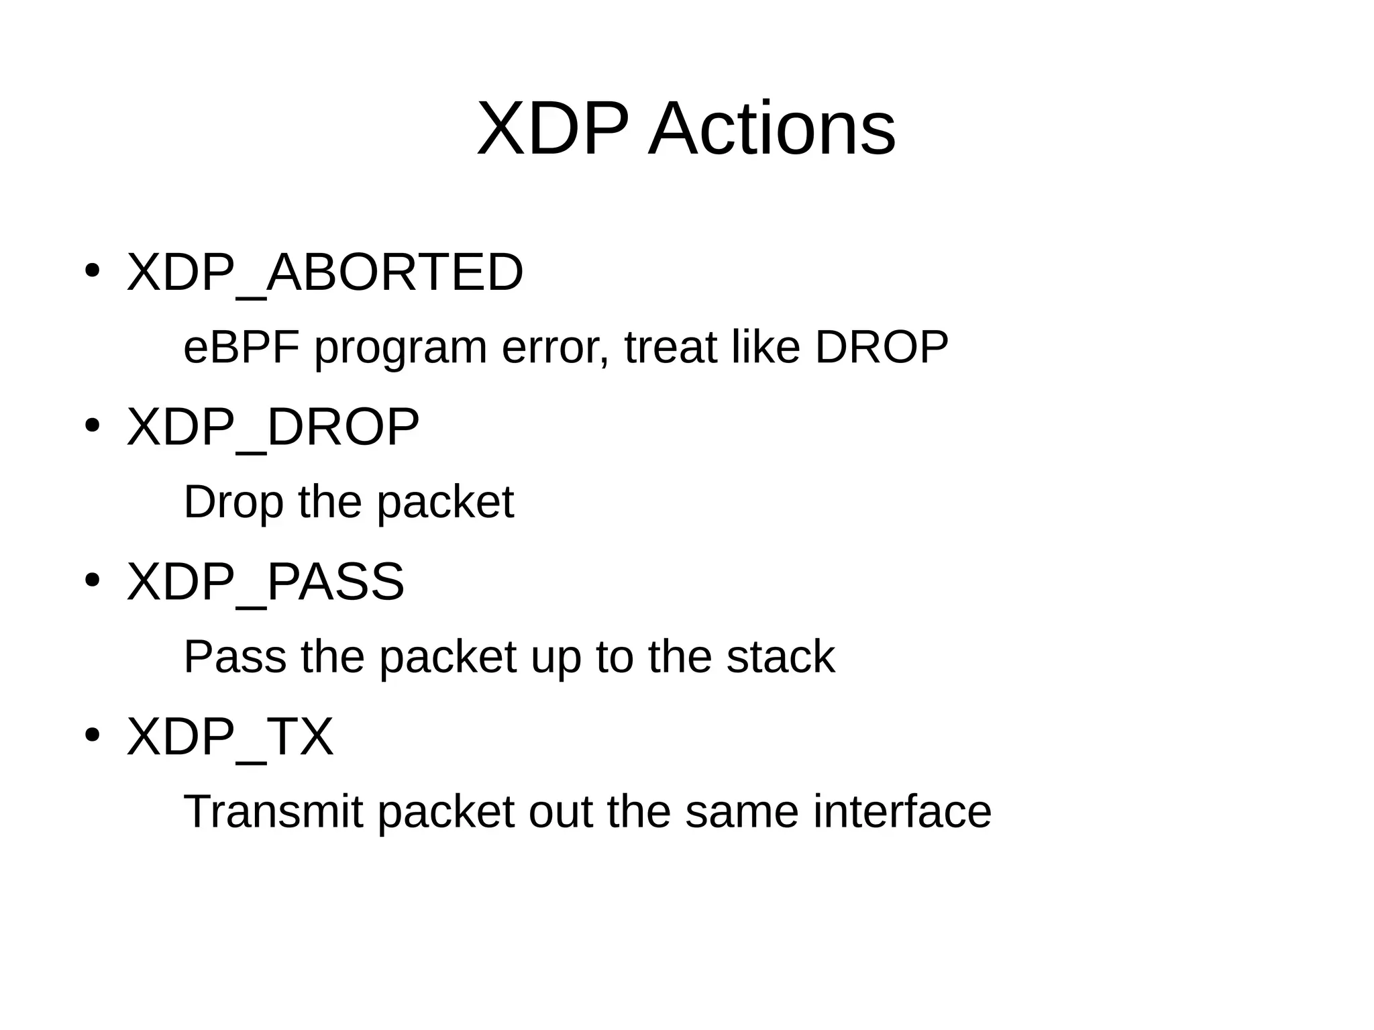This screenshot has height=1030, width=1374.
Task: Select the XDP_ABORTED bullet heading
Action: click(x=325, y=272)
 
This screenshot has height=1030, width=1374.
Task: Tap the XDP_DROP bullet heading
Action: click(x=273, y=427)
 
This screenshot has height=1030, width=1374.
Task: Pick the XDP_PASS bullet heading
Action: click(x=266, y=581)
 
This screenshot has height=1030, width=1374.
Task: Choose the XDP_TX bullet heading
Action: click(x=230, y=736)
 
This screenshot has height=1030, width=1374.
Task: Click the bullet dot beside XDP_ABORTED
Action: click(x=93, y=271)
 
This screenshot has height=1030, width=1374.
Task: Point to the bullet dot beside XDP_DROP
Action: click(x=93, y=425)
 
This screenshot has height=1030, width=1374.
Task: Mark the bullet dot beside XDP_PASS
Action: click(x=93, y=580)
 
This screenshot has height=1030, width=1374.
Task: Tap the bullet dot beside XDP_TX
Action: click(x=93, y=735)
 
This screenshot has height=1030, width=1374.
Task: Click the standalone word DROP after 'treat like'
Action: click(x=882, y=348)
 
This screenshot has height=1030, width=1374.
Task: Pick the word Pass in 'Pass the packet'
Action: click(x=235, y=656)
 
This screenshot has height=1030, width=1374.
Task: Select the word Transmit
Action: click(x=273, y=811)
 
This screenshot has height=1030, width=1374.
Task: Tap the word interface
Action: click(x=902, y=811)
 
